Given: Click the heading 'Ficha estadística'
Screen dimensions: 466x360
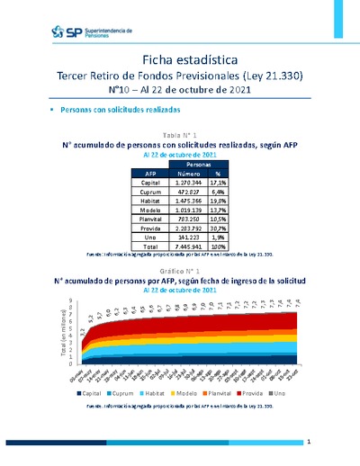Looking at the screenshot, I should point(180,58).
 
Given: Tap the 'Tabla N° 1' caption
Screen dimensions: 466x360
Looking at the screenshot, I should point(180,133).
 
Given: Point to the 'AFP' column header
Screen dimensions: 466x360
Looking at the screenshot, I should point(149,175).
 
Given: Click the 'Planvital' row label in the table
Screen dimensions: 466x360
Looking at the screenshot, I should point(149,218).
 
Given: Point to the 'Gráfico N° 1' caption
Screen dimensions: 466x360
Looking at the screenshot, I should point(180,270).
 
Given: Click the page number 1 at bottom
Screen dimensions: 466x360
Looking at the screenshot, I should point(308,443).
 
